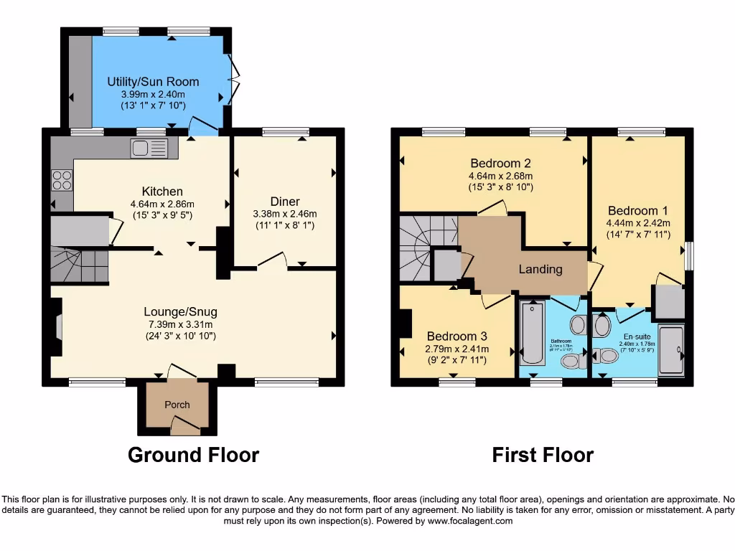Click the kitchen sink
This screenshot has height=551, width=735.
coord(149,149)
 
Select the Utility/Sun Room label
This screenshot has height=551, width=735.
coord(153,82)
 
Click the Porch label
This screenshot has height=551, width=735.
coord(177,405)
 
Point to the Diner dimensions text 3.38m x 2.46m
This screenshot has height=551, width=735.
coord(285,214)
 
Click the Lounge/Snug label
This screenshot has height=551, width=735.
coord(180,312)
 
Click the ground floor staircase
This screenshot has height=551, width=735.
coord(76,264)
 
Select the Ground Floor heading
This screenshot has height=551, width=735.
coord(193,455)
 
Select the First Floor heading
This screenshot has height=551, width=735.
coord(543,455)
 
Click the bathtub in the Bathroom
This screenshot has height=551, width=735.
coord(531,334)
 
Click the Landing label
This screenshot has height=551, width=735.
coord(540,270)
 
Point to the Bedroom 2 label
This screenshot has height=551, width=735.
coord(500,163)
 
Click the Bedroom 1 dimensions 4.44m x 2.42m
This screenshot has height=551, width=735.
coord(638,223)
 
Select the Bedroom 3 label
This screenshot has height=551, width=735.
coord(457,336)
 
